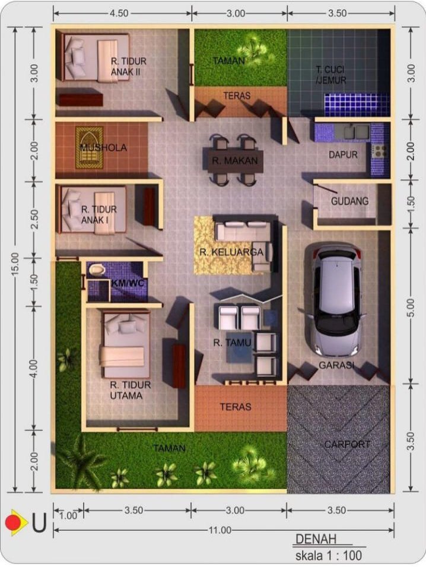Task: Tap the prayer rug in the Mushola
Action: [x=89, y=147]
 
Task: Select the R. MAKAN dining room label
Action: [x=235, y=160]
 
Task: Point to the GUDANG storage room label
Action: [x=350, y=201]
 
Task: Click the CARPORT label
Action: [x=347, y=445]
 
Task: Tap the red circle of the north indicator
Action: [x=12, y=522]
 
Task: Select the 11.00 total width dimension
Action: [x=220, y=530]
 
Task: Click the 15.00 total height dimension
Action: [x=15, y=264]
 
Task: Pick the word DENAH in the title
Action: [x=316, y=539]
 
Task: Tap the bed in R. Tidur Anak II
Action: [x=96, y=57]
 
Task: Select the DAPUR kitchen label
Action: [x=343, y=155]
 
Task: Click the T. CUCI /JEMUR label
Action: [x=330, y=74]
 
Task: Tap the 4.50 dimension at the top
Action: [x=119, y=14]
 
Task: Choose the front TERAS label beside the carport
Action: [x=235, y=407]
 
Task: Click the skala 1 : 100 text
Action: [x=329, y=555]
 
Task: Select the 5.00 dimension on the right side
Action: [x=411, y=308]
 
